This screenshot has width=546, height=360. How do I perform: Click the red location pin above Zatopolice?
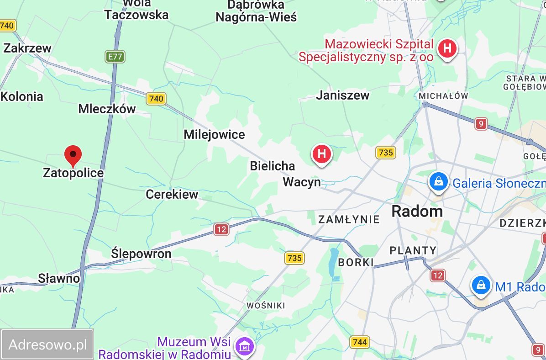coord(73,155)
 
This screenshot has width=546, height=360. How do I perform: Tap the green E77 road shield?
coord(115,57)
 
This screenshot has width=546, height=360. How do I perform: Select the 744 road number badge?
coord(360,342)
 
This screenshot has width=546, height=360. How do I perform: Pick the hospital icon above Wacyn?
coord(322,154)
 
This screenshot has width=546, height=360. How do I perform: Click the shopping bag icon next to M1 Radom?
coord(481,286)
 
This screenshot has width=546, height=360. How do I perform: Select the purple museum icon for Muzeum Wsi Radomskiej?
coord(246,347)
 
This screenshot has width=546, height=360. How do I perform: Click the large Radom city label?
coord(417,211)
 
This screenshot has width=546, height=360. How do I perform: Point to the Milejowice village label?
coord(214,134)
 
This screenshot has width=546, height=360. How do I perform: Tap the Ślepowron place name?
coord(141,254)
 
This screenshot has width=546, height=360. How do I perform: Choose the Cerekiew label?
coord(172,194)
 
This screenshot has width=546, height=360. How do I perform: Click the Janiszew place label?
coord(342,95)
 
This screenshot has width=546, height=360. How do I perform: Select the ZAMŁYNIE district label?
coord(349,219)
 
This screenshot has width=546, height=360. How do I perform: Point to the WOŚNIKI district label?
coord(265,305)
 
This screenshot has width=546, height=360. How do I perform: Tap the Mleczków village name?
coord(107,109)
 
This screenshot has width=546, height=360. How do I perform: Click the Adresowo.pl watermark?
coord(47,344)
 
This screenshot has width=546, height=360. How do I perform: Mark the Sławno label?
coord(58,278)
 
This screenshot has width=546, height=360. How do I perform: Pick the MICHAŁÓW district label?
coord(443,96)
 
